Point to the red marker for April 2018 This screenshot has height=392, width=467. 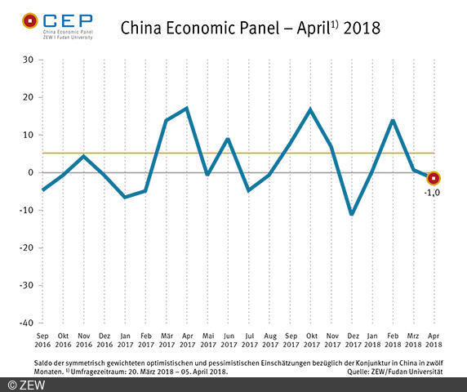(x=434, y=177)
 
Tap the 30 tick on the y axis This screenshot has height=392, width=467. (x=28, y=60)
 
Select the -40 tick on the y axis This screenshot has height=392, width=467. (x=25, y=323)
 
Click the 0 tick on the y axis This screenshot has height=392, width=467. (x=30, y=172)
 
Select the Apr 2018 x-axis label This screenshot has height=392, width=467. (x=434, y=339)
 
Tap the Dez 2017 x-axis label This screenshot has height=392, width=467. (x=352, y=339)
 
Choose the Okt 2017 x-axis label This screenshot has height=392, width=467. (x=311, y=339)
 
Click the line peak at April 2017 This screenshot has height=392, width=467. (x=188, y=108)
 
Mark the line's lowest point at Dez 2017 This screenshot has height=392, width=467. (x=352, y=214)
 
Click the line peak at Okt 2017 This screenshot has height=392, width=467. (x=311, y=109)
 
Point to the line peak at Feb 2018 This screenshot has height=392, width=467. (x=393, y=120)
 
